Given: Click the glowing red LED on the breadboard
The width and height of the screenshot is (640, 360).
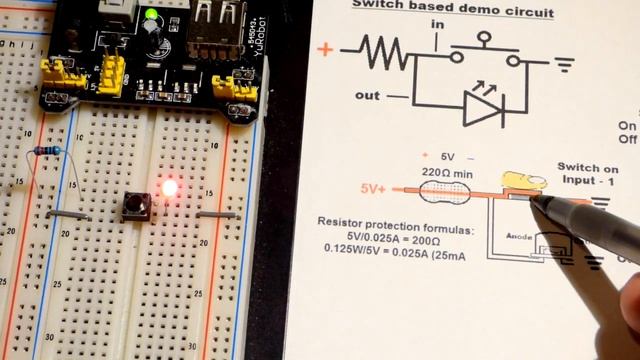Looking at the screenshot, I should point(169,187).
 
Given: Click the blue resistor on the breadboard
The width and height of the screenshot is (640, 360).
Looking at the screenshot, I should point(46,150).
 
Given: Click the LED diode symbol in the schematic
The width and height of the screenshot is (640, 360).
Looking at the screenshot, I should point(483,110).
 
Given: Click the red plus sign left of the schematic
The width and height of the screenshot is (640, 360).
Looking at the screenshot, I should point(324,49).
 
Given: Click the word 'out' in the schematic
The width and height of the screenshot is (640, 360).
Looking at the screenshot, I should point(367,97).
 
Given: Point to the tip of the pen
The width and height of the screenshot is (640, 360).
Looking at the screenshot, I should point(537,198).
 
